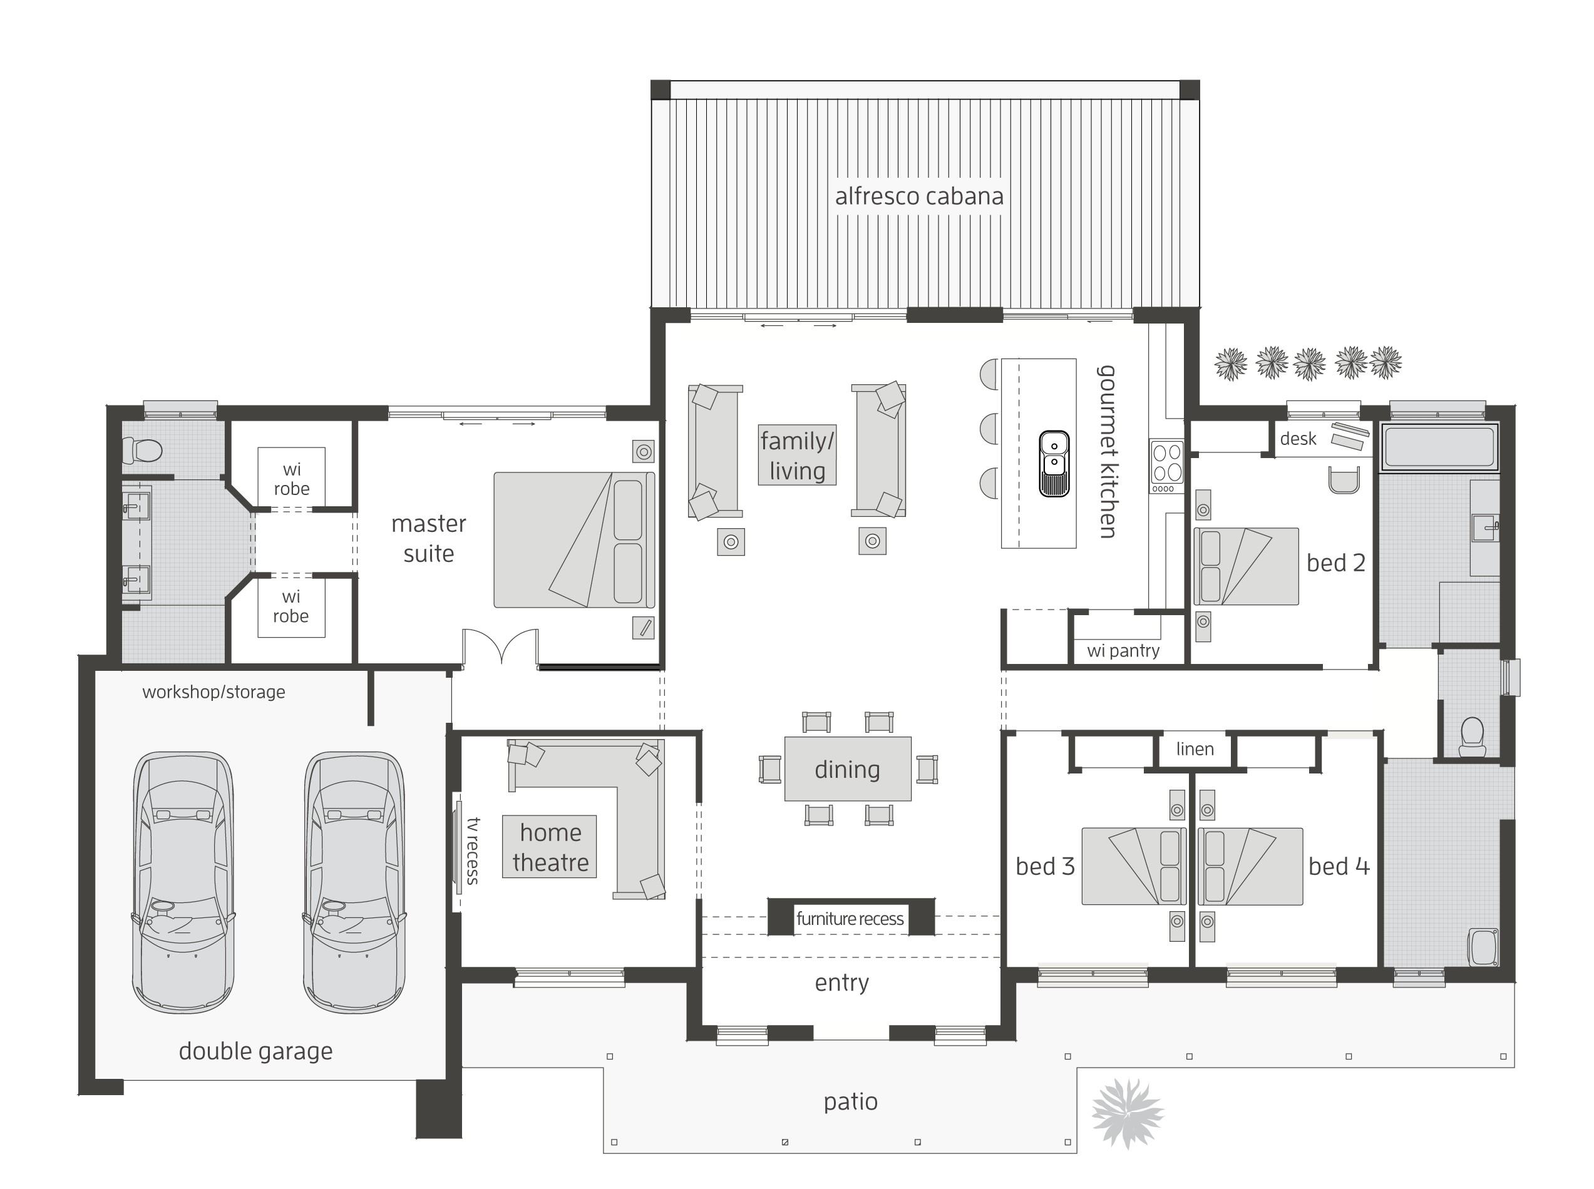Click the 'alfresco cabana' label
tap(918, 196)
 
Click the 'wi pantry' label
tap(1123, 651)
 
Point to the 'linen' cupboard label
tap(1195, 749)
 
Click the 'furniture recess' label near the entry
tap(850, 919)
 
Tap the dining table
tap(847, 768)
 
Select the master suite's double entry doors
tap(500, 646)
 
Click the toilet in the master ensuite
tap(143, 451)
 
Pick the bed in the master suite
tap(574, 540)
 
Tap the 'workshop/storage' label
tap(214, 691)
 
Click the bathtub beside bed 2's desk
tap(1439, 447)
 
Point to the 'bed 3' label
tap(1045, 866)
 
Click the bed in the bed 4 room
tap(1250, 866)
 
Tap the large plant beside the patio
tap(1127, 1113)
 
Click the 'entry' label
tap(841, 982)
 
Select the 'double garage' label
tap(255, 1051)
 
